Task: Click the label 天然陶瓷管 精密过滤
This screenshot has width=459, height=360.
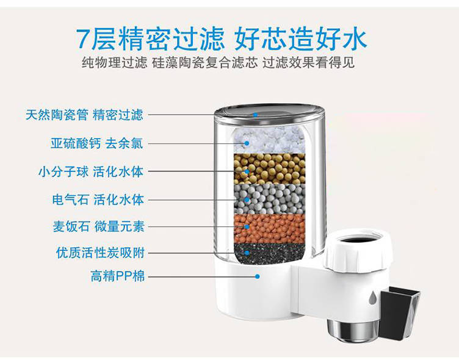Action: coord(84,115)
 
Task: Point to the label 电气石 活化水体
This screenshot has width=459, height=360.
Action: coord(98,200)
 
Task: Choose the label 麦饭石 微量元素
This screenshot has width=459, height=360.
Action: coord(98,227)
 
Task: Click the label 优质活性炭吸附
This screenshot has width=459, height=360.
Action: coord(100,252)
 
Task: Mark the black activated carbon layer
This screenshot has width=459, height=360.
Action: coord(269,251)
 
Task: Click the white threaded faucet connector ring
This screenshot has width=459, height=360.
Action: coord(360,250)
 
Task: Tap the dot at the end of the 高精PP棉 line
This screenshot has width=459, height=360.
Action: coord(258,276)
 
